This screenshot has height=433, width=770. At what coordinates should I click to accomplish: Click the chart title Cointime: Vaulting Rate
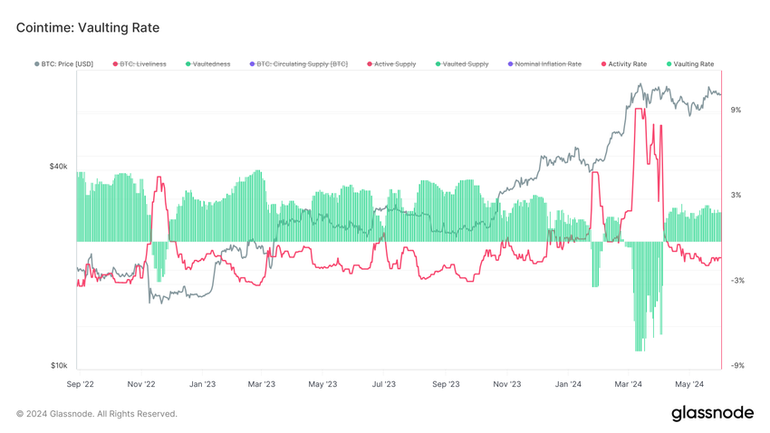tap(88, 28)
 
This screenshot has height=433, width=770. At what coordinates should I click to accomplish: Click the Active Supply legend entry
tap(395, 64)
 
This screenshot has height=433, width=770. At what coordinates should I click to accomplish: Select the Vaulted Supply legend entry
tap(465, 64)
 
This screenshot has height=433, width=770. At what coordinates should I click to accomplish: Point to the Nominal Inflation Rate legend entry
tap(547, 64)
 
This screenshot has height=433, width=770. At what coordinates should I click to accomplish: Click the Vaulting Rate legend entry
tap(693, 64)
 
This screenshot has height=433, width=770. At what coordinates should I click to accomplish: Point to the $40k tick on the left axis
tap(58, 167)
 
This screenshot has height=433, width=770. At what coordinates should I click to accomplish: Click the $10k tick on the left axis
tap(58, 366)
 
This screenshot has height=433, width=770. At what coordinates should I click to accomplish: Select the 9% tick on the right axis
tap(736, 110)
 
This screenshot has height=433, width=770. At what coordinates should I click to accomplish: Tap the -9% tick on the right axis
tap(736, 366)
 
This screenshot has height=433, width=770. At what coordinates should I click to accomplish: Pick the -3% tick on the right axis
tap(736, 281)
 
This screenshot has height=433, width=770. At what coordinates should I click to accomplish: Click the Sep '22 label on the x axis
tap(80, 384)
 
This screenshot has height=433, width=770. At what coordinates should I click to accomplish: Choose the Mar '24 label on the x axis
tap(628, 384)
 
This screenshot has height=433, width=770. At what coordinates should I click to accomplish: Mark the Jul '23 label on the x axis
tap(383, 384)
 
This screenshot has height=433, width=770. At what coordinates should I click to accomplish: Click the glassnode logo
tap(712, 413)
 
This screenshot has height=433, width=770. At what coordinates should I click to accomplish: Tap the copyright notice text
tap(97, 414)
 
